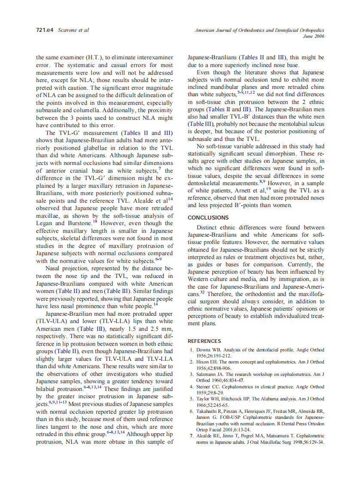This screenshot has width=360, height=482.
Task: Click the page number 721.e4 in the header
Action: (44, 31)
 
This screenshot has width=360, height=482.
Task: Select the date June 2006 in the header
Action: (313, 37)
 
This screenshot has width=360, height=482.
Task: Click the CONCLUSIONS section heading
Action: (208, 218)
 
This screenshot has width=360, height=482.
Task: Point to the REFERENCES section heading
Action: (204, 341)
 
